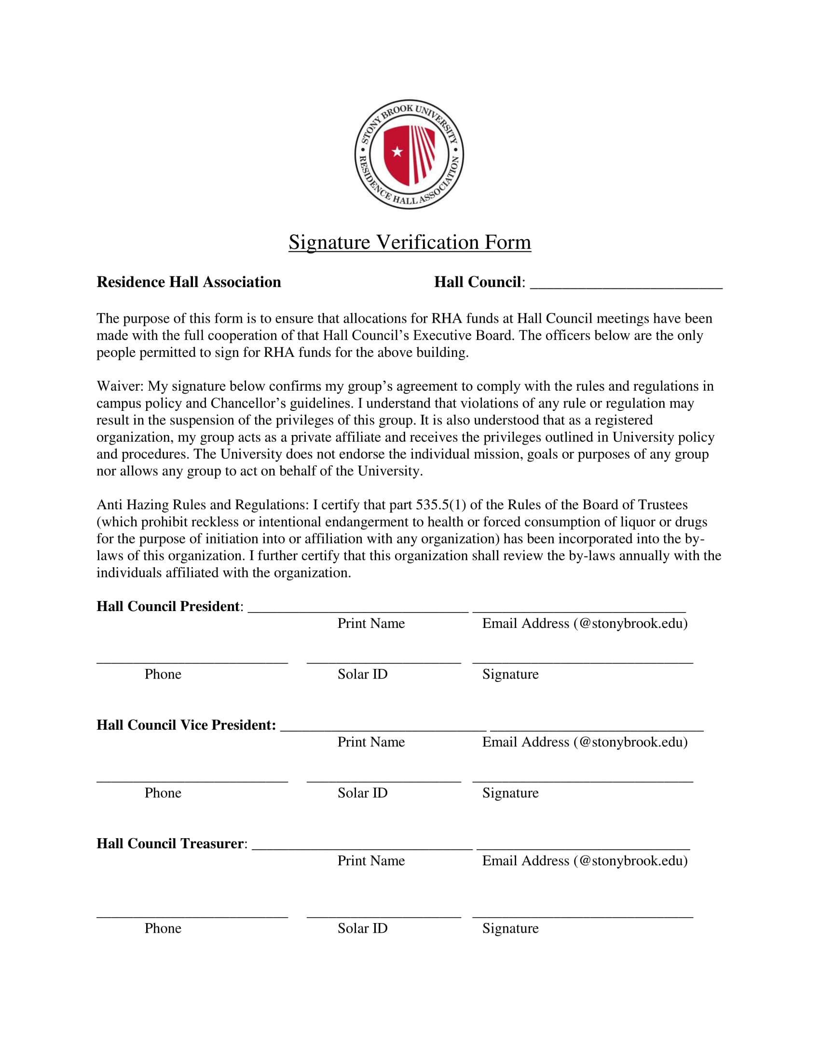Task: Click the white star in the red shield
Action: point(397,151)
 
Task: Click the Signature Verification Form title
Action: point(410,242)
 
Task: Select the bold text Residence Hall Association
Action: point(189,282)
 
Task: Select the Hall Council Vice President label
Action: point(186,725)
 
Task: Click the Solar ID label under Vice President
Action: point(362,793)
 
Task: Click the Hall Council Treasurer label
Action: point(172,843)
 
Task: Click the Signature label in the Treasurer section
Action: point(510,928)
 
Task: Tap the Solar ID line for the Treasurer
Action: point(384,916)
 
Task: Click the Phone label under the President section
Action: point(163,674)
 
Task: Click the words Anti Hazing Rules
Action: point(151,505)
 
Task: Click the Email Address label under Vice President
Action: point(585,742)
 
